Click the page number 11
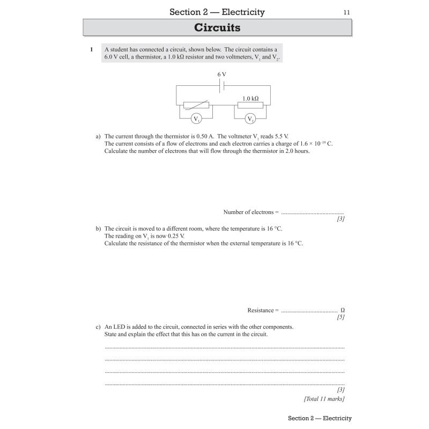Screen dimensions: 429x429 pyautogui.click(x=347, y=12)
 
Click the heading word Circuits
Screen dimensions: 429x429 pyautogui.click(x=217, y=27)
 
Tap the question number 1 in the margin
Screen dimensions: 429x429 pyautogui.click(x=91, y=49)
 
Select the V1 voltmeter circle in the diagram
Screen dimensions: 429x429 pyautogui.click(x=196, y=119)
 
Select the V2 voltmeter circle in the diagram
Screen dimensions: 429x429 pyautogui.click(x=250, y=119)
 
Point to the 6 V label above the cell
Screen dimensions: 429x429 pyautogui.click(x=221, y=75)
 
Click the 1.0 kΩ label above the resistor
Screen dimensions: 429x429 pyautogui.click(x=250, y=98)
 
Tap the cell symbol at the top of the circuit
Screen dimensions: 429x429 pyautogui.click(x=221, y=86)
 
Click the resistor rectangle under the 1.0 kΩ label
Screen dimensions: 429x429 pyautogui.click(x=250, y=105)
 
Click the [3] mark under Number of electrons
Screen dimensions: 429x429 pyautogui.click(x=341, y=219)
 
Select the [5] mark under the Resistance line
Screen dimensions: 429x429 pyautogui.click(x=341, y=317)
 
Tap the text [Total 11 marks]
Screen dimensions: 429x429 pyautogui.click(x=324, y=398)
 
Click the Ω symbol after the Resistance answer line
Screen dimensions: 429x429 pyautogui.click(x=342, y=310)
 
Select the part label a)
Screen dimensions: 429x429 pyautogui.click(x=98, y=136)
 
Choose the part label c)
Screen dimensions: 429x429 pyautogui.click(x=98, y=327)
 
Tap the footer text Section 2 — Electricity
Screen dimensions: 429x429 pyautogui.click(x=320, y=418)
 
